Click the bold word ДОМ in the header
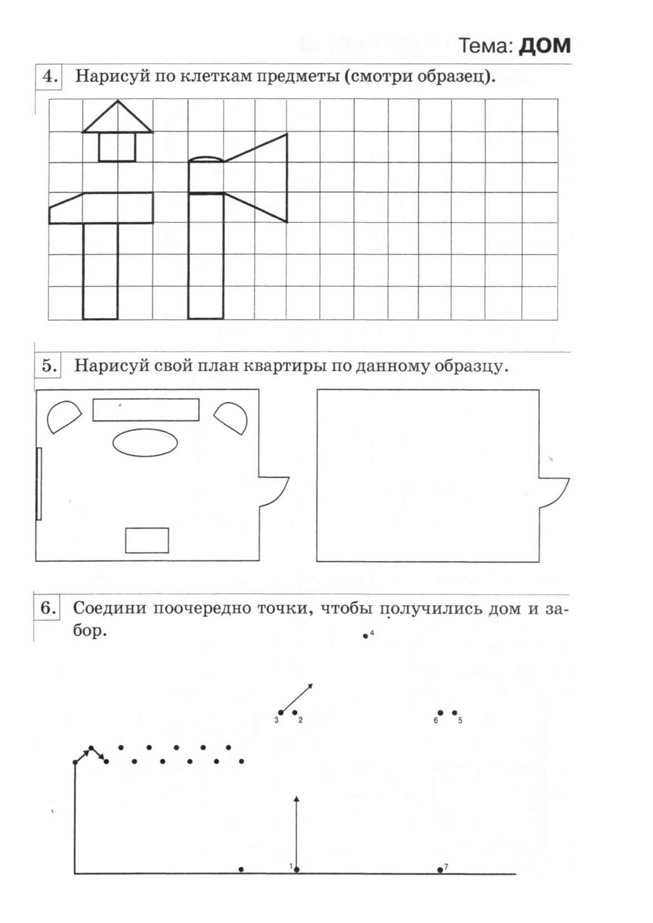coord(544,46)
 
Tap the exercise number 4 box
coord(49,76)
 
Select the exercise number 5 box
coord(48,365)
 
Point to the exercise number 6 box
coord(48,608)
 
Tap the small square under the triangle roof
coord(117,147)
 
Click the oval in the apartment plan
coord(145,443)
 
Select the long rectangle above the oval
coord(146,410)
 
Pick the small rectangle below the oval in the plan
coord(147,540)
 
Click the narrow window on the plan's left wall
coord(39,483)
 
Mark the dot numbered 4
coord(366,636)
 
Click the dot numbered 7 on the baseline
coord(440,869)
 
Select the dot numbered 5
coord(455,713)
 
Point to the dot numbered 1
coord(297,869)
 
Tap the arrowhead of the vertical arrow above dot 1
coord(296,799)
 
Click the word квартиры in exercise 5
coord(285,365)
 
